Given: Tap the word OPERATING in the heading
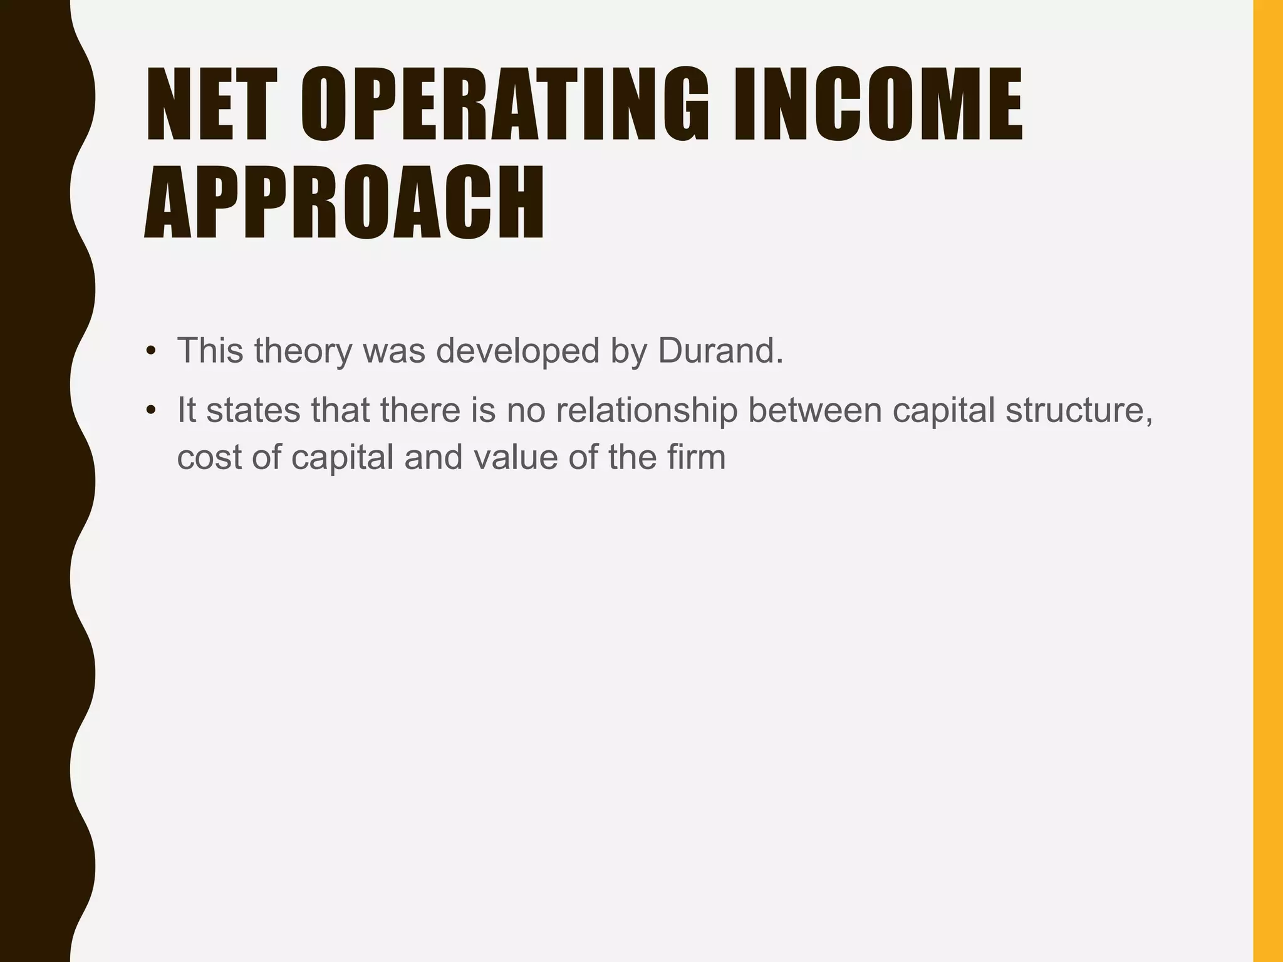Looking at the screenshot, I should click(x=505, y=105).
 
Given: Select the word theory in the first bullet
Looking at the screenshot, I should click(x=303, y=351).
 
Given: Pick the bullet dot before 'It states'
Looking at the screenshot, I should click(x=150, y=411).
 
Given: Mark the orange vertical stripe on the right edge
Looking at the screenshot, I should click(x=1267, y=481).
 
